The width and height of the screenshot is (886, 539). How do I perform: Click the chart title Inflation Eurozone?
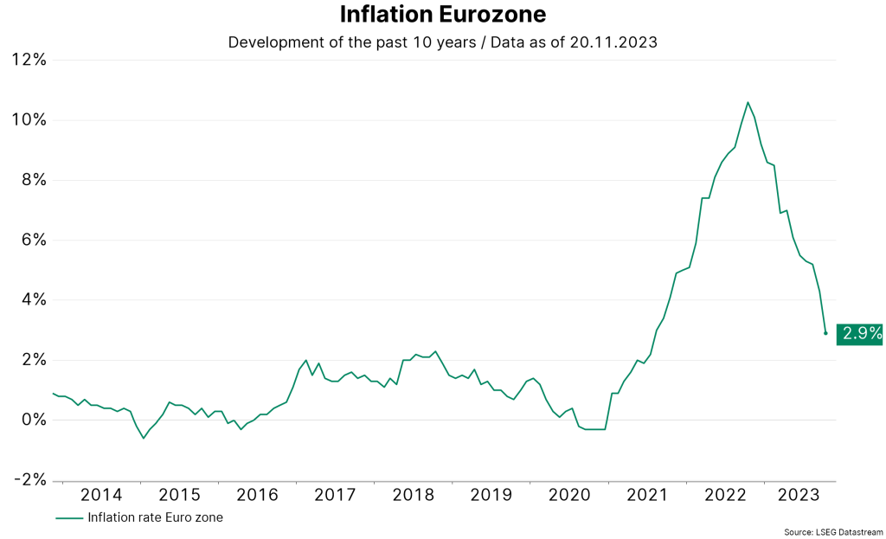point(442,15)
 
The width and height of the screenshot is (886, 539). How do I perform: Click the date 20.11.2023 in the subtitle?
point(613,42)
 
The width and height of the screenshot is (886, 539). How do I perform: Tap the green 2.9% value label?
point(859,333)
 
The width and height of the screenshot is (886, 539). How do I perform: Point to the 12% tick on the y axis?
point(28,60)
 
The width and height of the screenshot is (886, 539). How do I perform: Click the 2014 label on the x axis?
point(101,495)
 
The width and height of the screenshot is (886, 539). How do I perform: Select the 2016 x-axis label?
point(257,495)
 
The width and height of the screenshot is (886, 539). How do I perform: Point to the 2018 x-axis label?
point(414,495)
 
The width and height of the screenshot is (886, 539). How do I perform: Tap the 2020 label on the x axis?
point(569,495)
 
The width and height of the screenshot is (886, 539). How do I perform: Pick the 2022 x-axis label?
point(725,495)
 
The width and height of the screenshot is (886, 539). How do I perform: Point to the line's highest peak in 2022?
point(748,102)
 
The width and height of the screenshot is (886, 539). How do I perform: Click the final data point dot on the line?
point(825,333)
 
